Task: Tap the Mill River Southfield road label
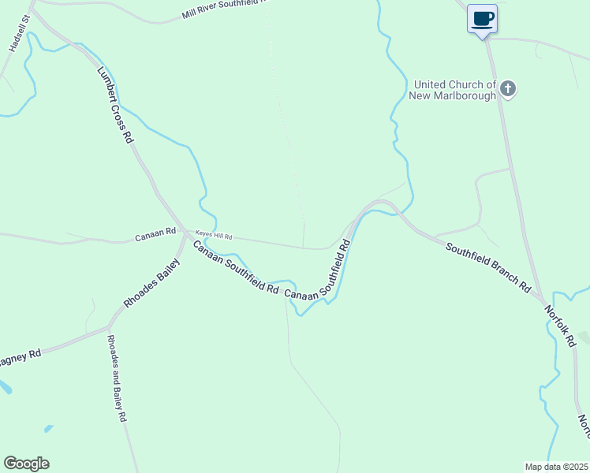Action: (225, 9)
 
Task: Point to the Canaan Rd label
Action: (149, 236)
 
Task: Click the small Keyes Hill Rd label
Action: (215, 236)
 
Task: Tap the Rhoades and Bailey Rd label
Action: (117, 379)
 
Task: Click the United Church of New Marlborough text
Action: (454, 90)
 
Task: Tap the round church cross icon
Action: (508, 89)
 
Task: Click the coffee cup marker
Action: (482, 19)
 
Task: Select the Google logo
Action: (26, 464)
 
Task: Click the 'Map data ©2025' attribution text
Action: (556, 467)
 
